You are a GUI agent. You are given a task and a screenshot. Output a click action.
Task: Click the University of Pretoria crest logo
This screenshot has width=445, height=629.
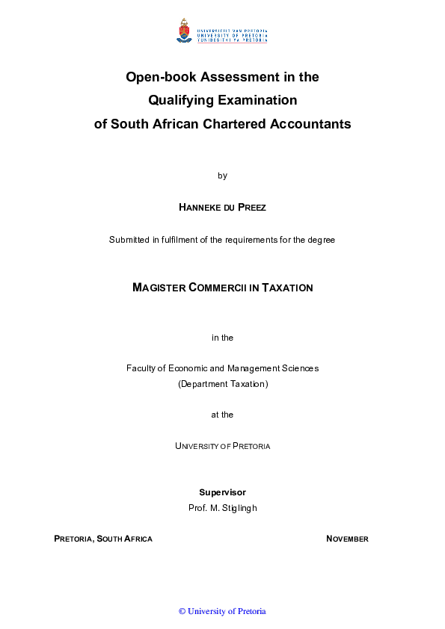pos(183,31)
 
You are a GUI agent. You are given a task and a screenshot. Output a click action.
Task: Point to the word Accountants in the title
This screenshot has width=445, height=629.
pos(310,124)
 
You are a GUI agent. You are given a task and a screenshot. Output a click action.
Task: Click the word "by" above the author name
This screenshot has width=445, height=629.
pos(222,176)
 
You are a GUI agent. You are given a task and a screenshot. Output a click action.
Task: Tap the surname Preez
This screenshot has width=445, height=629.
pos(251,208)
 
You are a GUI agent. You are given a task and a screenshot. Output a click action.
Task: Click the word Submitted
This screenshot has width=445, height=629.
pos(129,240)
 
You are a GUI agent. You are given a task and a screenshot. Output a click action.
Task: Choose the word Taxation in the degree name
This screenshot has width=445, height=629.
pos(287,288)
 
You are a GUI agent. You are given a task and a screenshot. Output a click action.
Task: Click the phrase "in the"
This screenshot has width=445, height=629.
pos(222,338)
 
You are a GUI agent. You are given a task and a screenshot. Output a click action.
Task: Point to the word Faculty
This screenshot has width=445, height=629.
pos(141,368)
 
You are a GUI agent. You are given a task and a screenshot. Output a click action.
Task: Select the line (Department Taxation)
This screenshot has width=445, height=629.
pos(222,384)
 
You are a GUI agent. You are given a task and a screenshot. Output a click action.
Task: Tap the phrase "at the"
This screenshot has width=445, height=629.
pos(222,415)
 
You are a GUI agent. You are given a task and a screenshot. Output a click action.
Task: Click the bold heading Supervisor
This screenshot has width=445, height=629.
pos(222,492)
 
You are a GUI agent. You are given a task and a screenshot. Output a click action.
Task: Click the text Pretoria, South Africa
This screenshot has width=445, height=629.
pos(103,539)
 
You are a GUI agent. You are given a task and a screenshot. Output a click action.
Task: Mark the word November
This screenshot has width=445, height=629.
pos(347,539)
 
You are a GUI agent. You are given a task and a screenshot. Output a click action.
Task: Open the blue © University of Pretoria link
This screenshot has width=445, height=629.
pos(222,611)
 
